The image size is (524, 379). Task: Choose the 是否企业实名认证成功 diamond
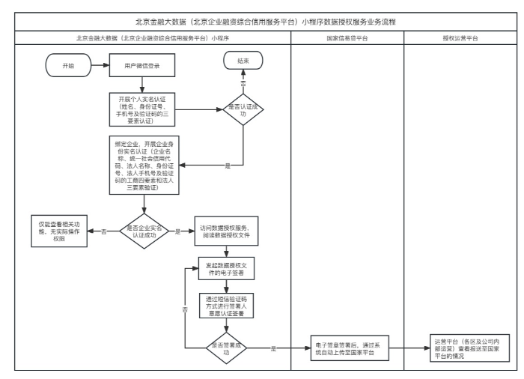(144, 232)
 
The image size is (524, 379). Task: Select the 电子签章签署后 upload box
(347, 349)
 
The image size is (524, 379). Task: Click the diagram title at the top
(262, 20)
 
